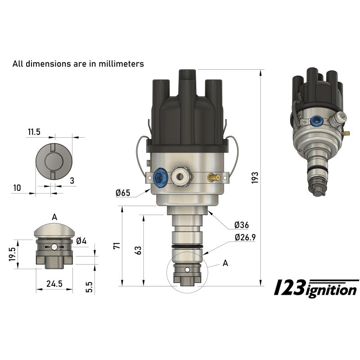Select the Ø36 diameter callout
pyautogui.click(x=242, y=225)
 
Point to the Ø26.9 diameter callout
pyautogui.click(x=245, y=237)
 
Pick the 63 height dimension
pyautogui.click(x=137, y=250)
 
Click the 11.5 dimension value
pyautogui.click(x=34, y=132)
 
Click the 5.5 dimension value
pyautogui.click(x=89, y=287)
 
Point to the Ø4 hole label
pyautogui.click(x=81, y=241)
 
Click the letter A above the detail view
pyautogui.click(x=54, y=217)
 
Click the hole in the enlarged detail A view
pyautogui.click(x=54, y=247)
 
